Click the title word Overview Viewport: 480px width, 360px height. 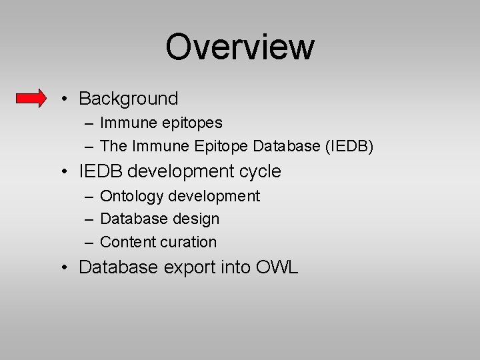[x=239, y=47]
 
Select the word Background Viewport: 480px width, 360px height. [x=129, y=99]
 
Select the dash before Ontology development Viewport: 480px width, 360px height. [x=89, y=197]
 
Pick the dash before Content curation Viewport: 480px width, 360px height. [x=89, y=243]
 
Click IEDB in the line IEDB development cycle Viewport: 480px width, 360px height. [x=101, y=171]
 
